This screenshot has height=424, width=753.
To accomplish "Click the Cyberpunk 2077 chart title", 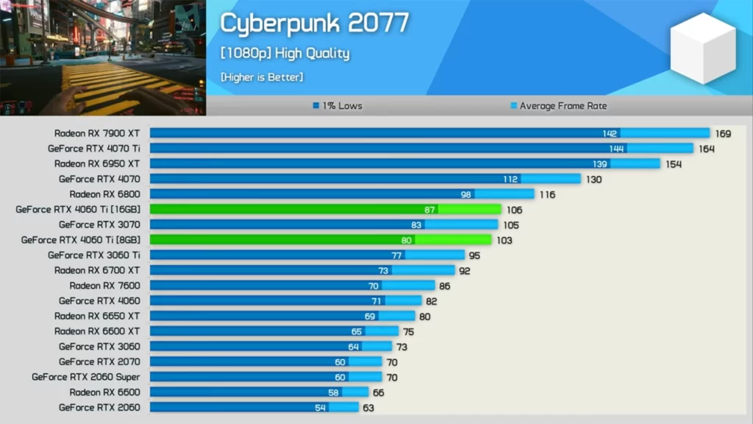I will [x=314, y=24].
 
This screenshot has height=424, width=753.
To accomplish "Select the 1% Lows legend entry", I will [x=338, y=106].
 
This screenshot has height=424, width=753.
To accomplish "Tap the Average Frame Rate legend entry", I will [x=560, y=106].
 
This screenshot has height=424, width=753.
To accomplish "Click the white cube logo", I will [x=702, y=48].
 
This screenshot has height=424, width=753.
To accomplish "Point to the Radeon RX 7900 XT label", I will [x=96, y=133].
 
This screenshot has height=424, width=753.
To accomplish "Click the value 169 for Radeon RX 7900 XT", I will [x=723, y=134].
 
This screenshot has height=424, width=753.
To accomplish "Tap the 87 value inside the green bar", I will [x=429, y=210].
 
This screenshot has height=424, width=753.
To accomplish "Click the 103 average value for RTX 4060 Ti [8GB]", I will [x=504, y=241].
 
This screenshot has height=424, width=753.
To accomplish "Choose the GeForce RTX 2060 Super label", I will [x=85, y=377].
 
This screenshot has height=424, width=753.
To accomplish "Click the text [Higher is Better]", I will [x=261, y=77].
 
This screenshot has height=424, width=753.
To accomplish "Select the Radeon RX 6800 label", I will [x=104, y=194].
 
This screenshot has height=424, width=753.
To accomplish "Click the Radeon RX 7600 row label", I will [x=104, y=286].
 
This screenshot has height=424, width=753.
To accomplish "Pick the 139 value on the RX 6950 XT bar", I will [x=599, y=164].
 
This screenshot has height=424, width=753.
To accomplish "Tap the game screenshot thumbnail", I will [x=103, y=57].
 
